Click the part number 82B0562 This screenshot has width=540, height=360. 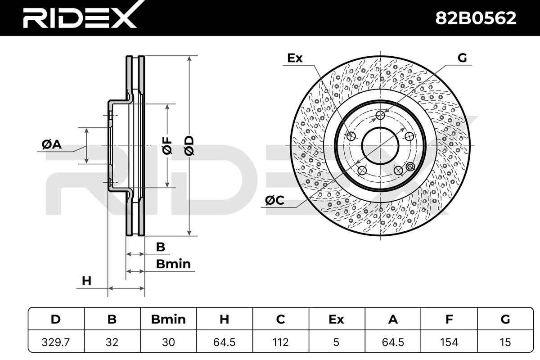476,18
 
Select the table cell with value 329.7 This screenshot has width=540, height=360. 56,342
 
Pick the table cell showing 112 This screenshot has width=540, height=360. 281,342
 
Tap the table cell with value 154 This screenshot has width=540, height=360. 449,342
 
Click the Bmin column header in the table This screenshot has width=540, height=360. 168,319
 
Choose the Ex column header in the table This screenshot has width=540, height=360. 337,319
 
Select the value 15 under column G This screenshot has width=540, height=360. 505,342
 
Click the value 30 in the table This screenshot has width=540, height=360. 168,342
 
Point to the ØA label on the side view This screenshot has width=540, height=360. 52,144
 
